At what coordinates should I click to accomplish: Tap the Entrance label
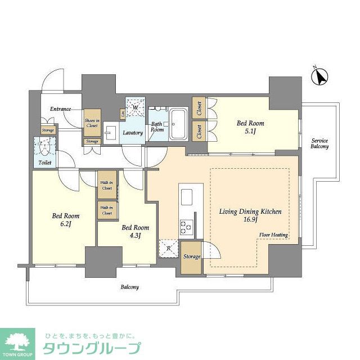pos(60,109)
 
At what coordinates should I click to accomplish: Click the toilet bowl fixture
pos(45,149)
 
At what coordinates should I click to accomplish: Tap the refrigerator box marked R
pos(168,247)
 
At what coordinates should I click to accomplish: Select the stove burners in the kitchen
pos(186,227)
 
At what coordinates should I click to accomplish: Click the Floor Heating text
pos(273,235)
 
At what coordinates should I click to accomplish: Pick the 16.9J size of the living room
pos(250,220)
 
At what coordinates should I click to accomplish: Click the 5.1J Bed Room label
pos(250,128)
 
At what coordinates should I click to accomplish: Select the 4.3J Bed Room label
pos(136,232)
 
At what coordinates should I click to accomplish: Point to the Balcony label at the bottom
pos(129,287)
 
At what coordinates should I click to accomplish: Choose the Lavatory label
pos(133,133)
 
